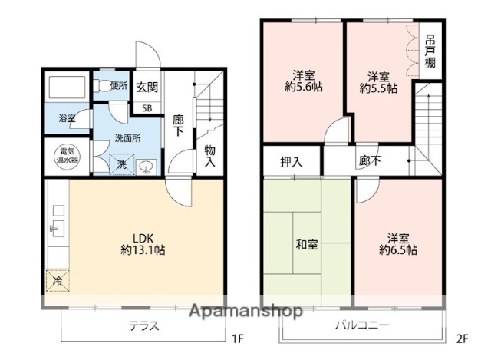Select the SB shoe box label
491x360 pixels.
(x=147, y=107)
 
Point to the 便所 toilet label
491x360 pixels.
(x=118, y=86)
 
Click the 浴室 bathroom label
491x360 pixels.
(x=68, y=119)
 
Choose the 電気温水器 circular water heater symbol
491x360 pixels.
(x=68, y=157)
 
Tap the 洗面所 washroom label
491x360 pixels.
(x=127, y=139)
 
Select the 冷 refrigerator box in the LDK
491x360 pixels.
(x=56, y=282)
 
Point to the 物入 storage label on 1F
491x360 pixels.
(x=209, y=156)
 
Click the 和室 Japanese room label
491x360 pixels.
(x=307, y=245)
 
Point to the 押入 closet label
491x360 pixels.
(x=291, y=162)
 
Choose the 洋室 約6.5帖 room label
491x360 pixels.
(x=397, y=243)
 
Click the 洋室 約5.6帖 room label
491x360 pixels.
(x=302, y=82)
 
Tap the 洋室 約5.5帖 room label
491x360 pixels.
(x=379, y=82)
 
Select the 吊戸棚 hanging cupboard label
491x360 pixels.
(x=431, y=52)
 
